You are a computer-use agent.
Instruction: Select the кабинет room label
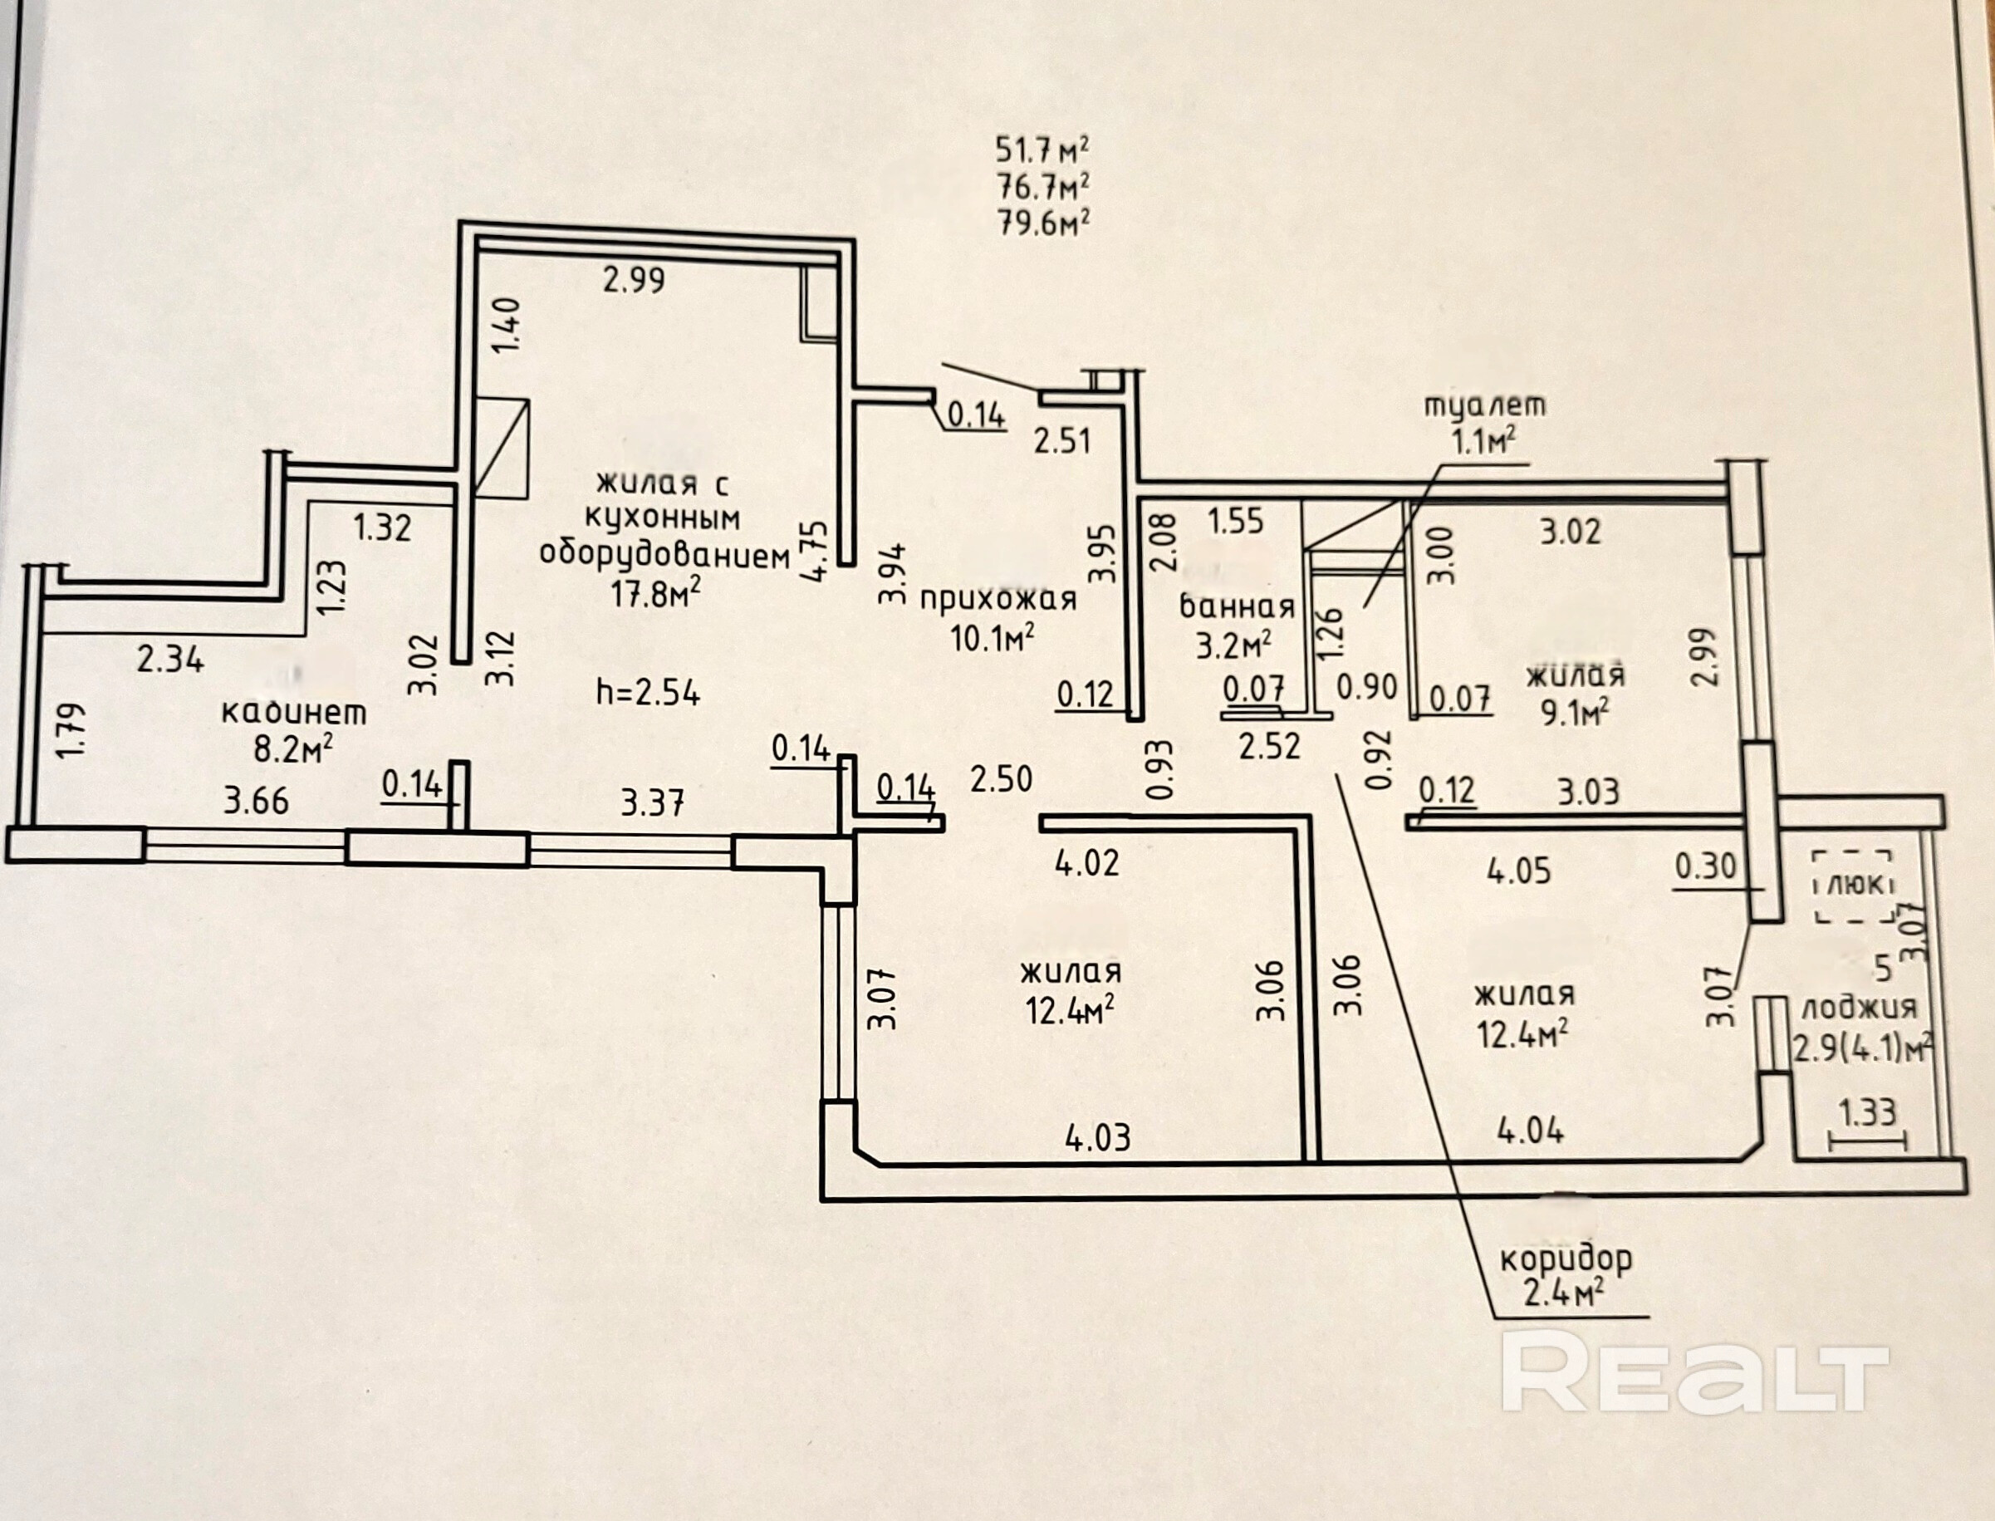(295, 713)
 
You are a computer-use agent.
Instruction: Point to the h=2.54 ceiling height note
(648, 693)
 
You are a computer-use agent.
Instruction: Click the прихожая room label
(998, 600)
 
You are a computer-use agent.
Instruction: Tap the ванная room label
(1237, 606)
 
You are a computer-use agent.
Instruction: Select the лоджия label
(1860, 1008)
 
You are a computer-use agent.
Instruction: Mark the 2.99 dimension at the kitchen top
(634, 280)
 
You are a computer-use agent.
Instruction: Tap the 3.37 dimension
(653, 802)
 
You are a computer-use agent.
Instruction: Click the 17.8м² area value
(655, 594)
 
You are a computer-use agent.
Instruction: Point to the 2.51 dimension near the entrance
(1061, 442)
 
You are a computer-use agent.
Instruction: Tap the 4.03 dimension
(1098, 1136)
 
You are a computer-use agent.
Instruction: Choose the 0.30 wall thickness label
(1706, 866)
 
